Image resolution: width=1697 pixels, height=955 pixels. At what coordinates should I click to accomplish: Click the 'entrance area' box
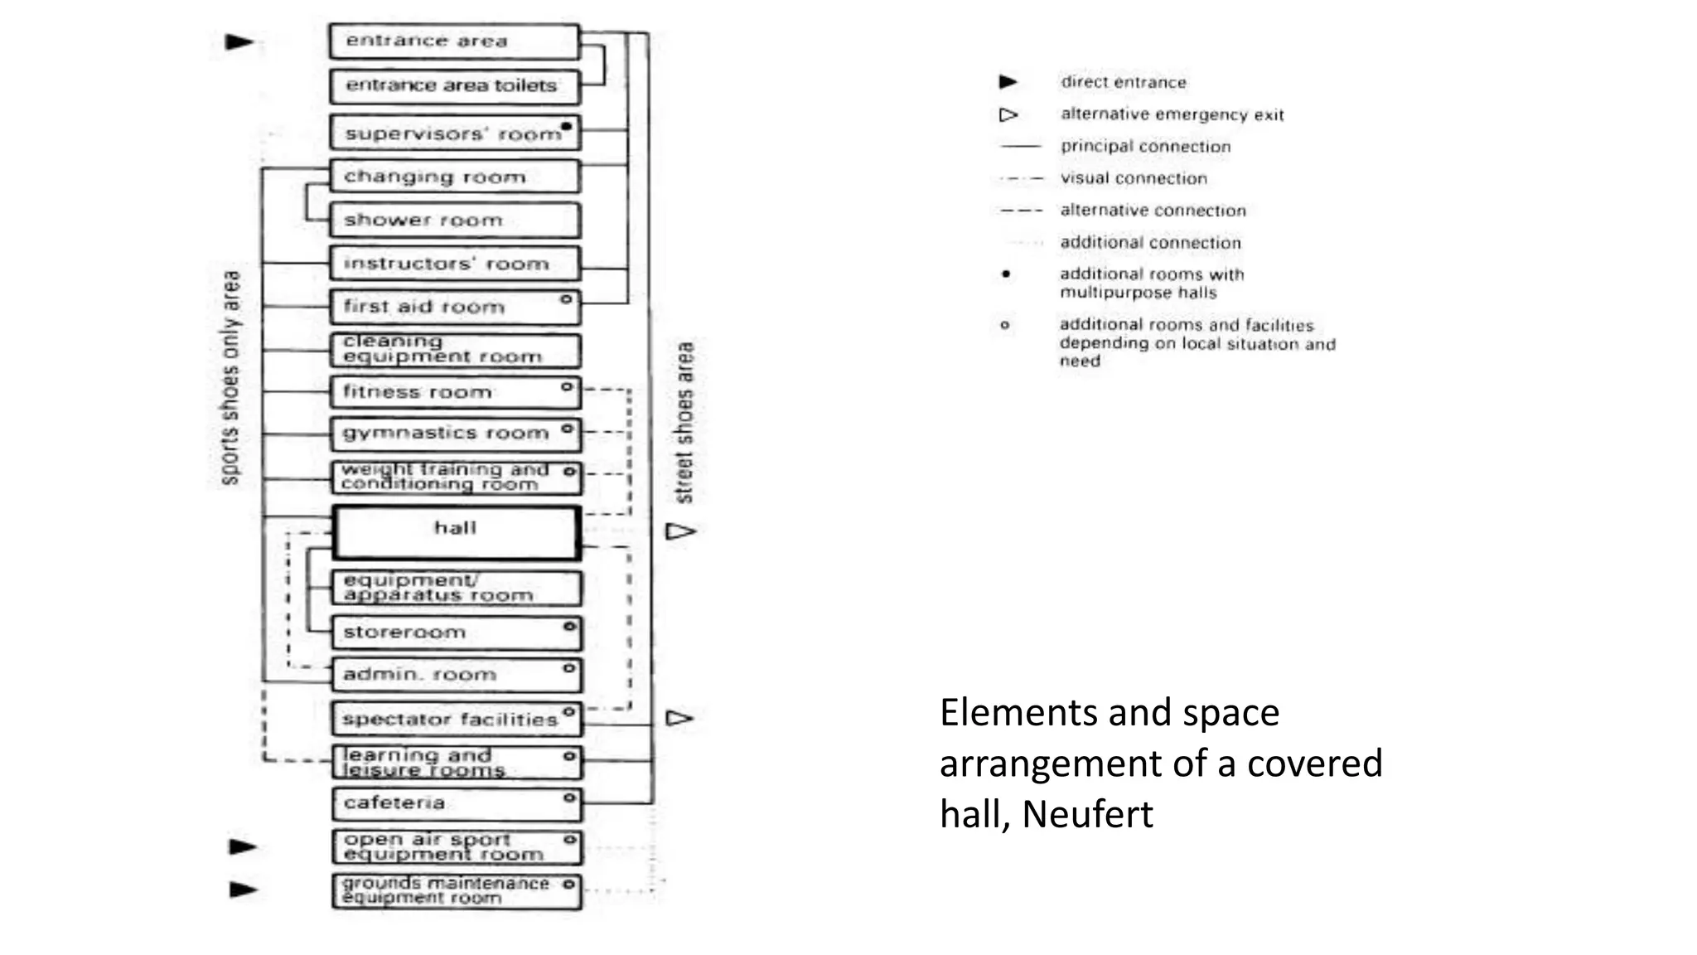453,41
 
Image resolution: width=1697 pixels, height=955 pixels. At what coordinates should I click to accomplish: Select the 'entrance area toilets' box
454,86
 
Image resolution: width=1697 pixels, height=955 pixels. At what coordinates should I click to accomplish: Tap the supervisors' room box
454,133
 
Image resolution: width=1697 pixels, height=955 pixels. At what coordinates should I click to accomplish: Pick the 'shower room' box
454,221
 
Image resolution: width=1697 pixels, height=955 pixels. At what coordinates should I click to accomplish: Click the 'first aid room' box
454,307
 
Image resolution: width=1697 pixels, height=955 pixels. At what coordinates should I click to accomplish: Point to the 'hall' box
455,532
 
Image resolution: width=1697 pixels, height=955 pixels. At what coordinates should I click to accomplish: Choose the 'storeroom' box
456,633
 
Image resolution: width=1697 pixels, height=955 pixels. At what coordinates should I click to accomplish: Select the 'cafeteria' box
457,803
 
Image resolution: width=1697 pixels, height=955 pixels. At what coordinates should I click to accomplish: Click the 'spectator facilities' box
456,719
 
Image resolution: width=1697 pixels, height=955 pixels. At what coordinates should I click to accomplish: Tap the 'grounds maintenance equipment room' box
457,891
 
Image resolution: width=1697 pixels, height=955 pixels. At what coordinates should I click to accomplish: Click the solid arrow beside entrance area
240,41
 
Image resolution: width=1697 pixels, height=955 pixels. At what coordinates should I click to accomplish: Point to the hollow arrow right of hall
681,531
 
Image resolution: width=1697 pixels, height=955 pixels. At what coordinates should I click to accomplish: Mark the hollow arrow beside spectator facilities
679,718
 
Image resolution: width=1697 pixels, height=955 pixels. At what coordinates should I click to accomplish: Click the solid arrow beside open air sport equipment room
243,846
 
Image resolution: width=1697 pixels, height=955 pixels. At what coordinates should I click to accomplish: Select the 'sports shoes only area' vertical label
231,377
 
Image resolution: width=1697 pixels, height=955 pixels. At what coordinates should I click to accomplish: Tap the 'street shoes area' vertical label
684,423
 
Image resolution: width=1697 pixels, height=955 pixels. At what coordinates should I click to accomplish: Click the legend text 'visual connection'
1134,178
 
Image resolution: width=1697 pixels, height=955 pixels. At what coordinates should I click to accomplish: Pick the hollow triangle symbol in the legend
1008,114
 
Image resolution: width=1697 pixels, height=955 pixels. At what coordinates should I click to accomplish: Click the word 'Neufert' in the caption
1087,814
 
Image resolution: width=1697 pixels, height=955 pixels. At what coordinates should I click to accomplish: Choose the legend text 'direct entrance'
1123,82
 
